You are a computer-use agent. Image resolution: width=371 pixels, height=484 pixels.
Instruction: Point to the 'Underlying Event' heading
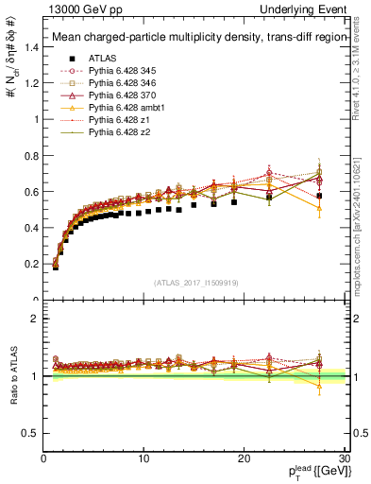[x=311, y=8]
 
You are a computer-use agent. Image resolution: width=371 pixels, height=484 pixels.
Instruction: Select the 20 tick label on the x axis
[x=244, y=459]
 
